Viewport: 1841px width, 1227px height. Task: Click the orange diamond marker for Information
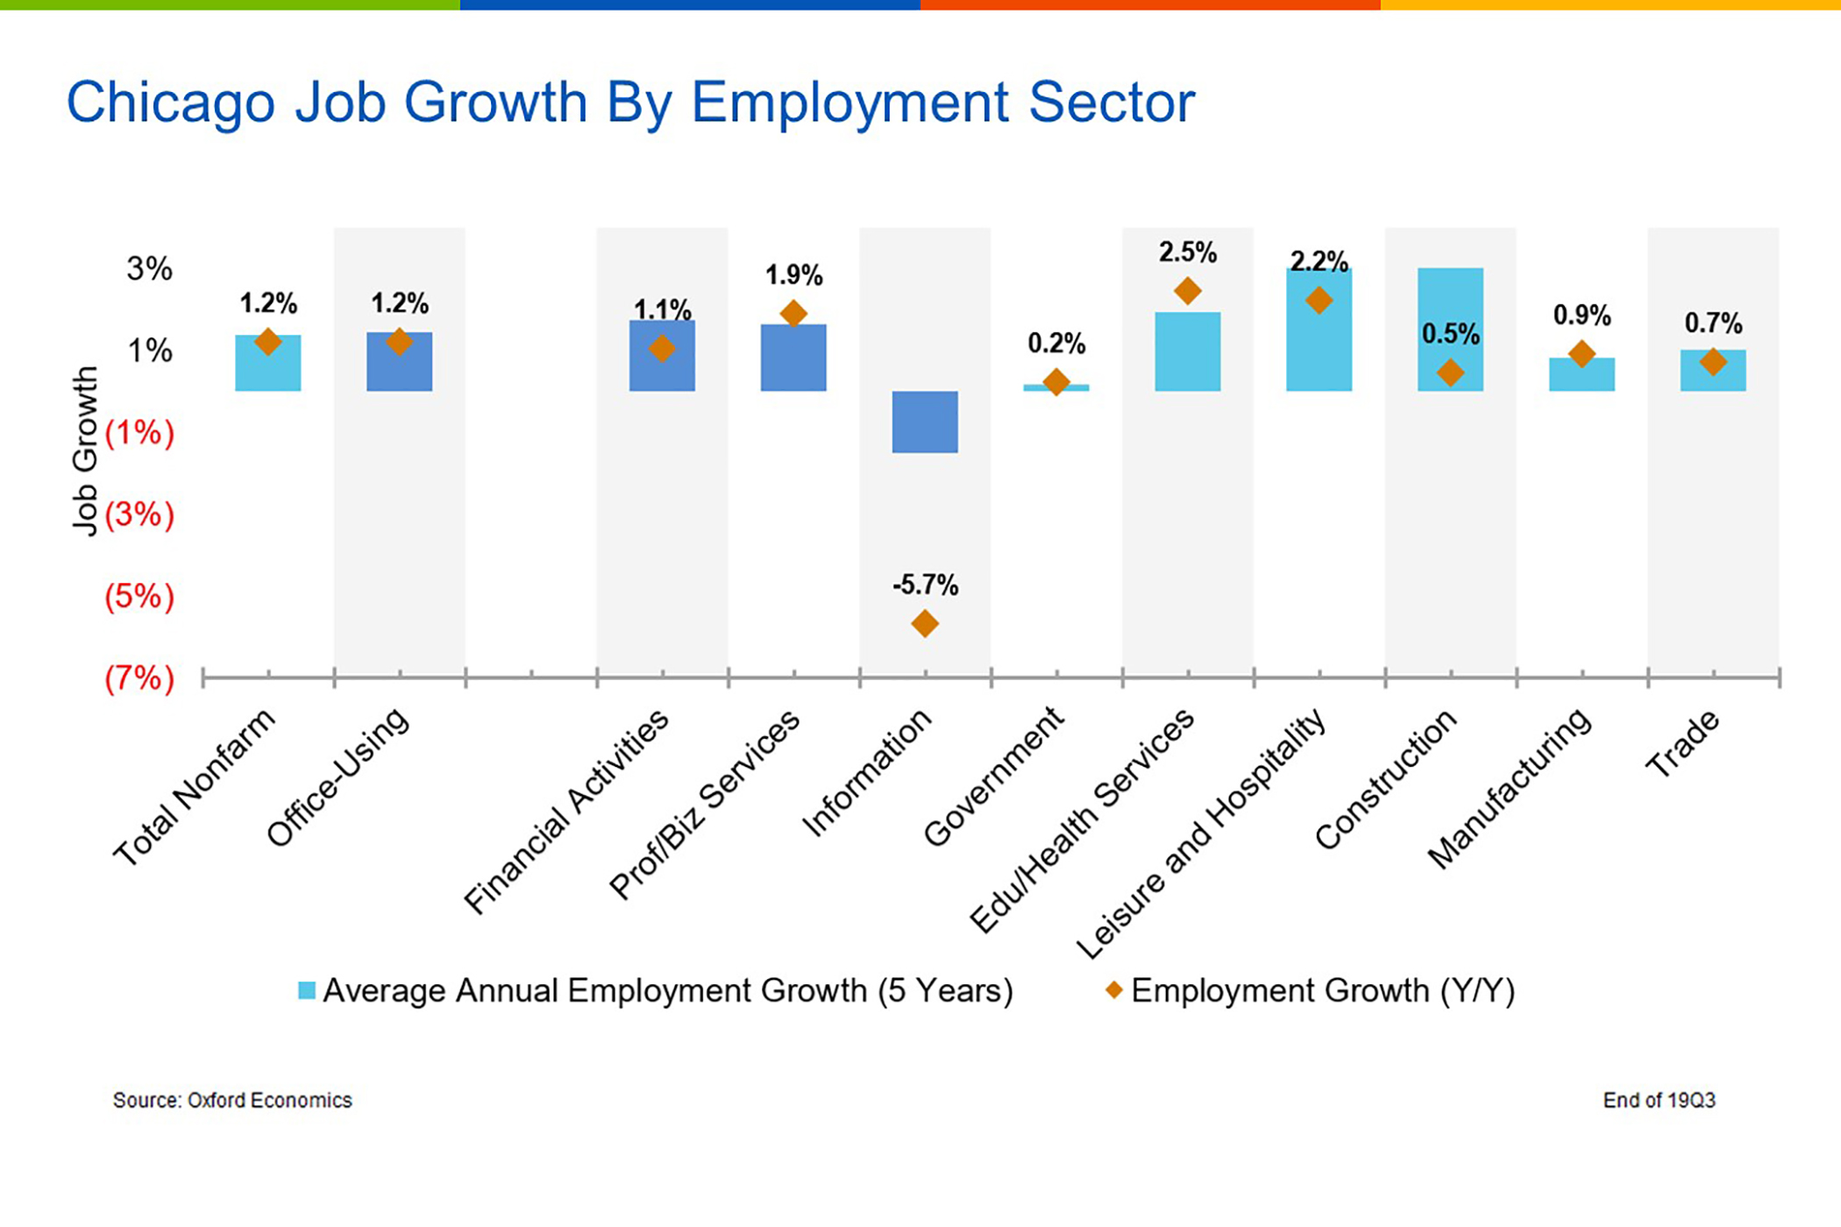(x=925, y=624)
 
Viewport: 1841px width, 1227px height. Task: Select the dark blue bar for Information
(x=925, y=422)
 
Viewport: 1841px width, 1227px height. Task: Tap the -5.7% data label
(x=925, y=585)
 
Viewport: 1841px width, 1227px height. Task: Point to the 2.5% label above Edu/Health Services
(x=1187, y=252)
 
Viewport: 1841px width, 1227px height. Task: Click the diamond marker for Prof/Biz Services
(x=793, y=313)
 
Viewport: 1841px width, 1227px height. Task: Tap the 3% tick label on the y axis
(x=149, y=268)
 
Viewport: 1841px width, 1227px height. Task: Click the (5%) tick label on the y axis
(x=139, y=597)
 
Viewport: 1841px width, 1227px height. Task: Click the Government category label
(x=993, y=777)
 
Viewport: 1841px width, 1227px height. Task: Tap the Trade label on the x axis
(x=1682, y=744)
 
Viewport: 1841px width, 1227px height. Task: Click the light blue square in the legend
(x=307, y=990)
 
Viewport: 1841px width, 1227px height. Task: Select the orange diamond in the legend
(x=1113, y=989)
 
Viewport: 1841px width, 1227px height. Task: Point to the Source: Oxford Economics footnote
(x=232, y=1100)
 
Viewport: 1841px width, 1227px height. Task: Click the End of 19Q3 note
(x=1659, y=1100)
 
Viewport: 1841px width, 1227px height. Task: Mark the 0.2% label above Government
(x=1056, y=344)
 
